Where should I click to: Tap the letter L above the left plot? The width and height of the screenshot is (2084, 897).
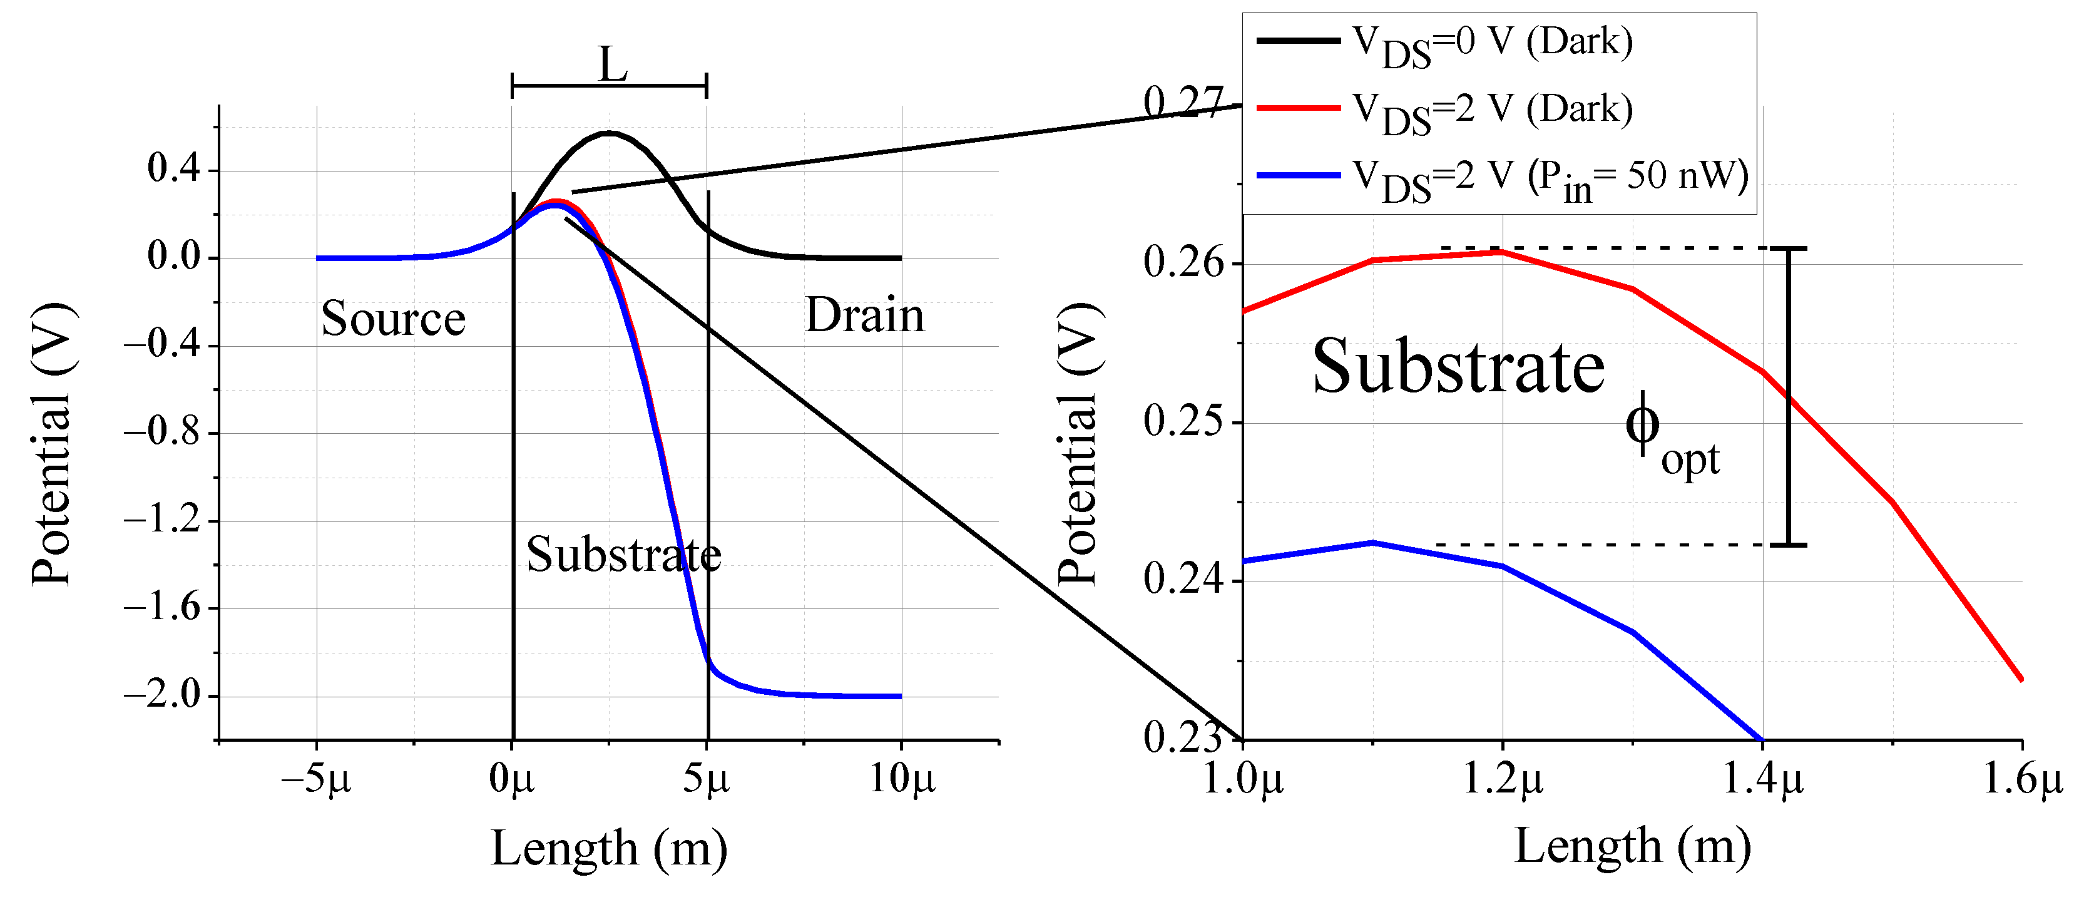[613, 64]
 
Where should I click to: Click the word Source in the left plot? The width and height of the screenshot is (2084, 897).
[393, 318]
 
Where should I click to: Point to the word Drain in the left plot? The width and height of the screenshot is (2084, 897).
[864, 315]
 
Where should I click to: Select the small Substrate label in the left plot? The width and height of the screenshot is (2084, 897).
[623, 555]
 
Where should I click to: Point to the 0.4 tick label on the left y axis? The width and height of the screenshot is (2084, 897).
[173, 169]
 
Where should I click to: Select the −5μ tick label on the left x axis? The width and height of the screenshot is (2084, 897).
[316, 779]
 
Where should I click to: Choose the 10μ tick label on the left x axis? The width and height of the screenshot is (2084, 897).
[901, 779]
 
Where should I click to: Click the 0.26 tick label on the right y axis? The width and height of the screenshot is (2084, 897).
[1183, 263]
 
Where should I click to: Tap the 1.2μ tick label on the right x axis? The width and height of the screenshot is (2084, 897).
[1503, 779]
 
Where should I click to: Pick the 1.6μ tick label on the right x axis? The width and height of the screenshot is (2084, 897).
[2021, 779]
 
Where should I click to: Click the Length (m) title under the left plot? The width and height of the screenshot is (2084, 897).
[609, 848]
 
